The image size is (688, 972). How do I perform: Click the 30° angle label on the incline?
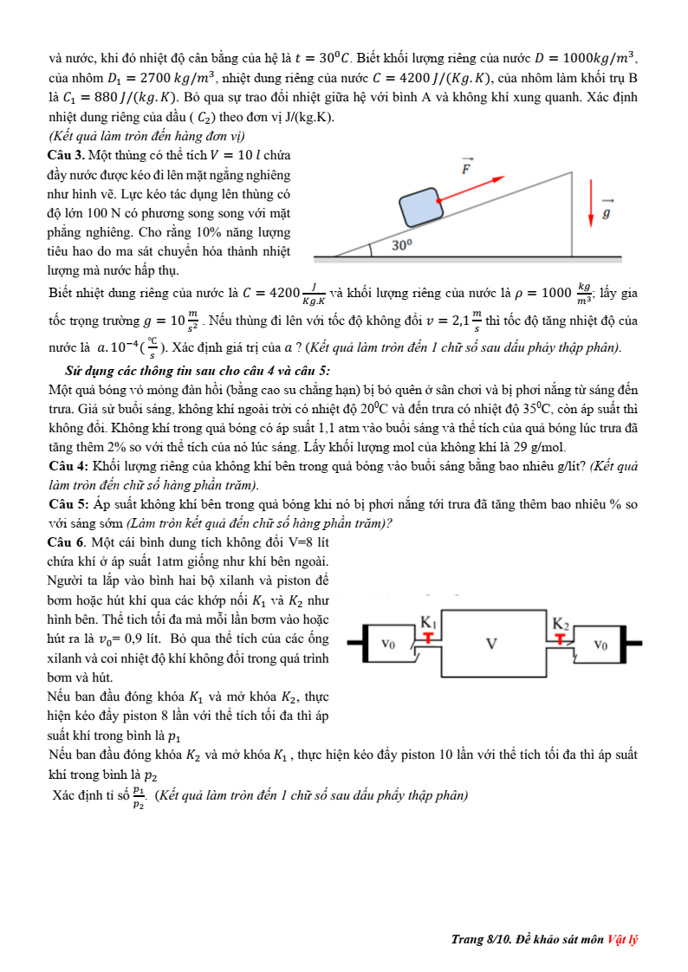[x=401, y=245]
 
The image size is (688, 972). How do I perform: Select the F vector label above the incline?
[x=468, y=165]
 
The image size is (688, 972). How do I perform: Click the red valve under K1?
[x=429, y=638]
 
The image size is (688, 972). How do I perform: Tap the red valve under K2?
[x=561, y=638]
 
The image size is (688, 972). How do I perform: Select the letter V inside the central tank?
[x=491, y=644]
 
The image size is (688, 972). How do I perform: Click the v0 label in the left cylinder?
[x=389, y=644]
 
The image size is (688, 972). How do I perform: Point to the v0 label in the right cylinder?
[x=600, y=644]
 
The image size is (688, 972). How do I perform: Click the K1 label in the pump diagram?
[x=428, y=621]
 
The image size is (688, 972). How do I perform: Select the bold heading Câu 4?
[x=70, y=466]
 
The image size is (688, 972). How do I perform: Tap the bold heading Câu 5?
[x=70, y=504]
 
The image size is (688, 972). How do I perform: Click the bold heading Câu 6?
[x=69, y=541]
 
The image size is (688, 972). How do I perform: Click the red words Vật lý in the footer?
[x=622, y=940]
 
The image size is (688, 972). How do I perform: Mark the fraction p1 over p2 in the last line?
[x=139, y=797]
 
